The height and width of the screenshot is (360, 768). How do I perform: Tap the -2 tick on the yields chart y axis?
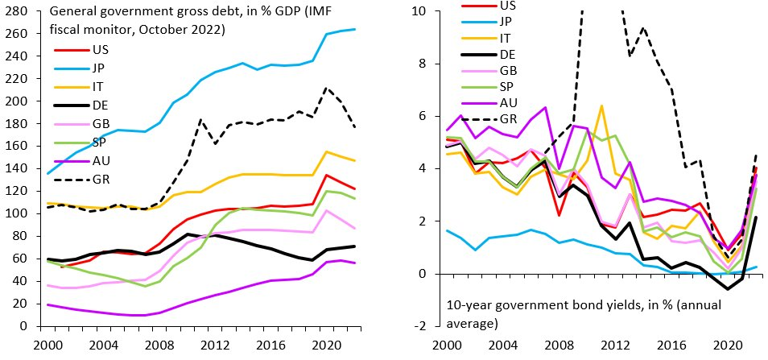click(x=427, y=327)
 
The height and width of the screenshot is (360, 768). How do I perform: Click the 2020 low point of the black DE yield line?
click(x=725, y=288)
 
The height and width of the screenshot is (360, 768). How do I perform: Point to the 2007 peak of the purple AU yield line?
click(x=545, y=107)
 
